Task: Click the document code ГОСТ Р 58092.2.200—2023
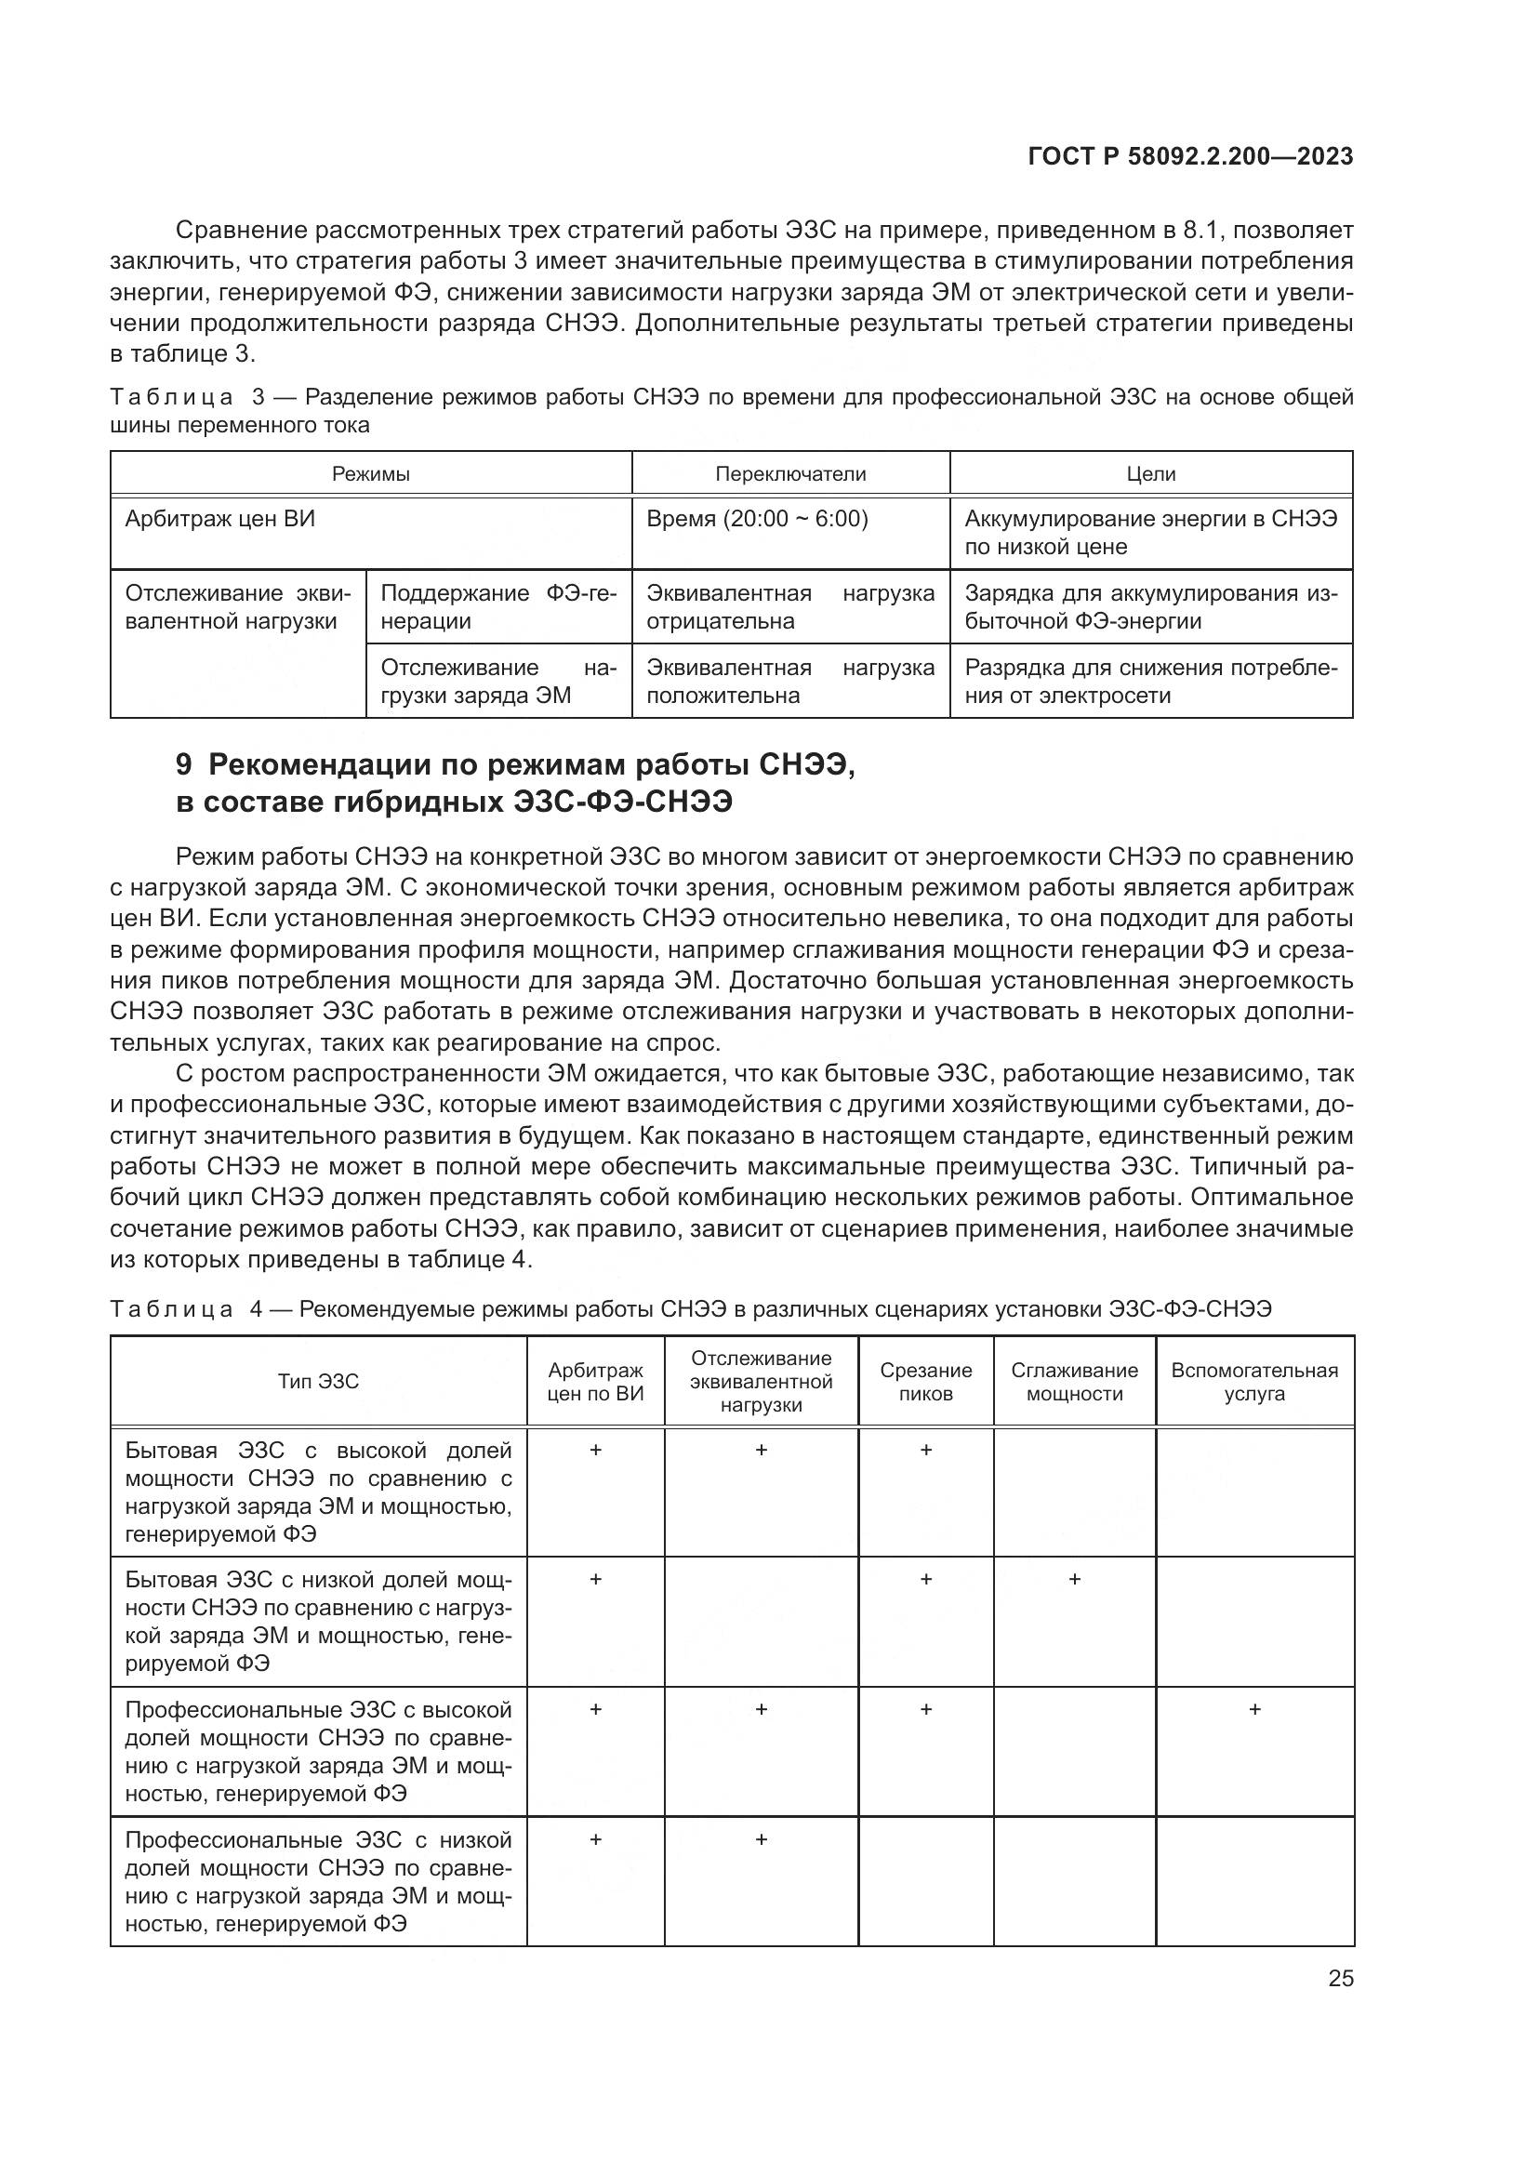pyautogui.click(x=1189, y=157)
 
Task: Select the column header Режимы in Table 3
pyautogui.click(x=370, y=473)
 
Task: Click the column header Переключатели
pyautogui.click(x=789, y=473)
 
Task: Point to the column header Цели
pyautogui.click(x=1150, y=473)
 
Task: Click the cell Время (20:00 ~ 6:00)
pyautogui.click(x=757, y=519)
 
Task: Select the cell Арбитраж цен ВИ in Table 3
pyautogui.click(x=219, y=519)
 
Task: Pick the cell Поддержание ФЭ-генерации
pyautogui.click(x=498, y=607)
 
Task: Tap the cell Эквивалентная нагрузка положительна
pyautogui.click(x=789, y=681)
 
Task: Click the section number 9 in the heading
pyautogui.click(x=185, y=764)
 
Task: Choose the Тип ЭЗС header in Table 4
pyautogui.click(x=318, y=1381)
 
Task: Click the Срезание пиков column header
pyautogui.click(x=925, y=1381)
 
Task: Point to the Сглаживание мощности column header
pyautogui.click(x=1074, y=1381)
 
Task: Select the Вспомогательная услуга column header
pyautogui.click(x=1253, y=1381)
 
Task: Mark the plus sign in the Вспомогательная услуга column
pyautogui.click(x=1253, y=1710)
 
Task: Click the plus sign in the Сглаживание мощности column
pyautogui.click(x=1074, y=1579)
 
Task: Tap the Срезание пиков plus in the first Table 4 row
pyautogui.click(x=925, y=1451)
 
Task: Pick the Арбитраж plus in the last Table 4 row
pyautogui.click(x=596, y=1839)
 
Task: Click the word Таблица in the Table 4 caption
pyautogui.click(x=171, y=1309)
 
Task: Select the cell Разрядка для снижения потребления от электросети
pyautogui.click(x=1150, y=681)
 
